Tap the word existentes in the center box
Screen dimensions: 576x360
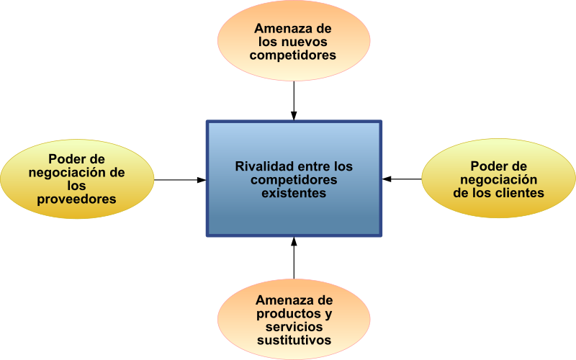point(294,193)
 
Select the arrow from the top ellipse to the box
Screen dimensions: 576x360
point(294,101)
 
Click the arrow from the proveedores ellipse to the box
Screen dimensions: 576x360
point(180,180)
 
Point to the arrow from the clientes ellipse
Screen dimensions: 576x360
point(402,179)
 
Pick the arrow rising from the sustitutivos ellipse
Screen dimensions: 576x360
point(294,258)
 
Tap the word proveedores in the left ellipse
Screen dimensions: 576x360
point(77,199)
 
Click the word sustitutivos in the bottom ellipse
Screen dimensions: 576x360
point(294,340)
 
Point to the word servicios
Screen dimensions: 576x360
point(294,327)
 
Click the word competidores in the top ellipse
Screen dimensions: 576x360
point(293,55)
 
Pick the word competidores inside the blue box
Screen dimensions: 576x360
point(294,179)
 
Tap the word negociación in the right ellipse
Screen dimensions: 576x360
point(498,179)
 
